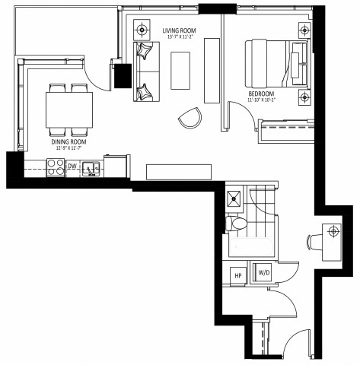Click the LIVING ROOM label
pos(179,31)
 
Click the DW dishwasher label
pos(72,166)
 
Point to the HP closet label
pos(237,275)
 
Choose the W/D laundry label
pos(264,272)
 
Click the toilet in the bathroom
pos(236,224)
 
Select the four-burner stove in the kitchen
pos(55,166)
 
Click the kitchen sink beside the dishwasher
pos(91,167)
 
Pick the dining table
pos(69,108)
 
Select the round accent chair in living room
pos(190,117)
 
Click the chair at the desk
pos(313,241)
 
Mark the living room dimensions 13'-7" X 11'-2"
pos(179,37)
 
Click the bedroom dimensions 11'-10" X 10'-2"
pos(263,100)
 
